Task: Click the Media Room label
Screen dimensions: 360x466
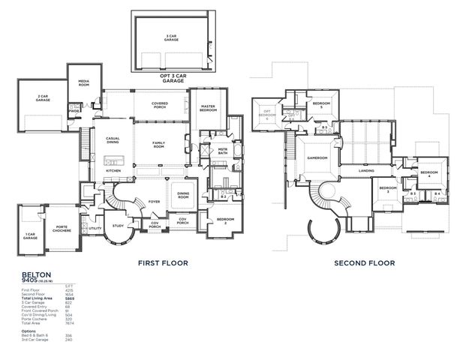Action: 80,84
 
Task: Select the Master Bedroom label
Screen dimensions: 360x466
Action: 208,108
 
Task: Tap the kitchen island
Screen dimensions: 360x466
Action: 113,159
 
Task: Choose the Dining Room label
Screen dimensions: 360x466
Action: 183,196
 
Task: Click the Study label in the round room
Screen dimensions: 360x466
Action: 119,226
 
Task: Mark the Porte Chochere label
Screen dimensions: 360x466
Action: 62,229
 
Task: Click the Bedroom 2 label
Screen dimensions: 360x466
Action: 225,220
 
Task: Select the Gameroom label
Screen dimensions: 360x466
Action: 317,157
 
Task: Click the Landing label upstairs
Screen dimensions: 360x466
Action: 366,171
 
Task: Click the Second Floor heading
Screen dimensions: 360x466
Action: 364,263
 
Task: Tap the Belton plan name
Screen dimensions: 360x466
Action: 31,275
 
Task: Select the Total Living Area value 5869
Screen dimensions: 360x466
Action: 69,298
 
